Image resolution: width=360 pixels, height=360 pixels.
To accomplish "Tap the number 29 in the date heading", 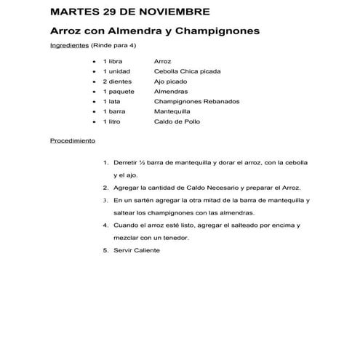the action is [119, 12].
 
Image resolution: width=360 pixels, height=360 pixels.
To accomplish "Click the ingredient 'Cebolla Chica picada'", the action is [188, 72].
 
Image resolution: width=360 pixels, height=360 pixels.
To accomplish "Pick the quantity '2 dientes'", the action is [119, 82].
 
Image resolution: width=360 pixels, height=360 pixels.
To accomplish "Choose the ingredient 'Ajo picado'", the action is [172, 82].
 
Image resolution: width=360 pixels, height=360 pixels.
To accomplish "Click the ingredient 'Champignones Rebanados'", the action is [196, 102].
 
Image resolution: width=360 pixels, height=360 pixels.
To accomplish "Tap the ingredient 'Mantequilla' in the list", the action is [173, 112].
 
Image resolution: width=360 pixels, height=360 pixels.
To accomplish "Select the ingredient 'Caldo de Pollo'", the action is [177, 121].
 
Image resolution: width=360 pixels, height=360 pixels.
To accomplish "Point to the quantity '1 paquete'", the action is [119, 92].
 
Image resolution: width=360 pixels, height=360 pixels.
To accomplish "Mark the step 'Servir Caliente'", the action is [136, 250].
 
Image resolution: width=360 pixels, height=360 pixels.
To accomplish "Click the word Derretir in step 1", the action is [127, 161].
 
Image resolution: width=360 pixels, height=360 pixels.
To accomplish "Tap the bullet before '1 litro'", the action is [95, 122].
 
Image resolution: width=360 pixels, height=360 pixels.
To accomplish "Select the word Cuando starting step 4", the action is [126, 225].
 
